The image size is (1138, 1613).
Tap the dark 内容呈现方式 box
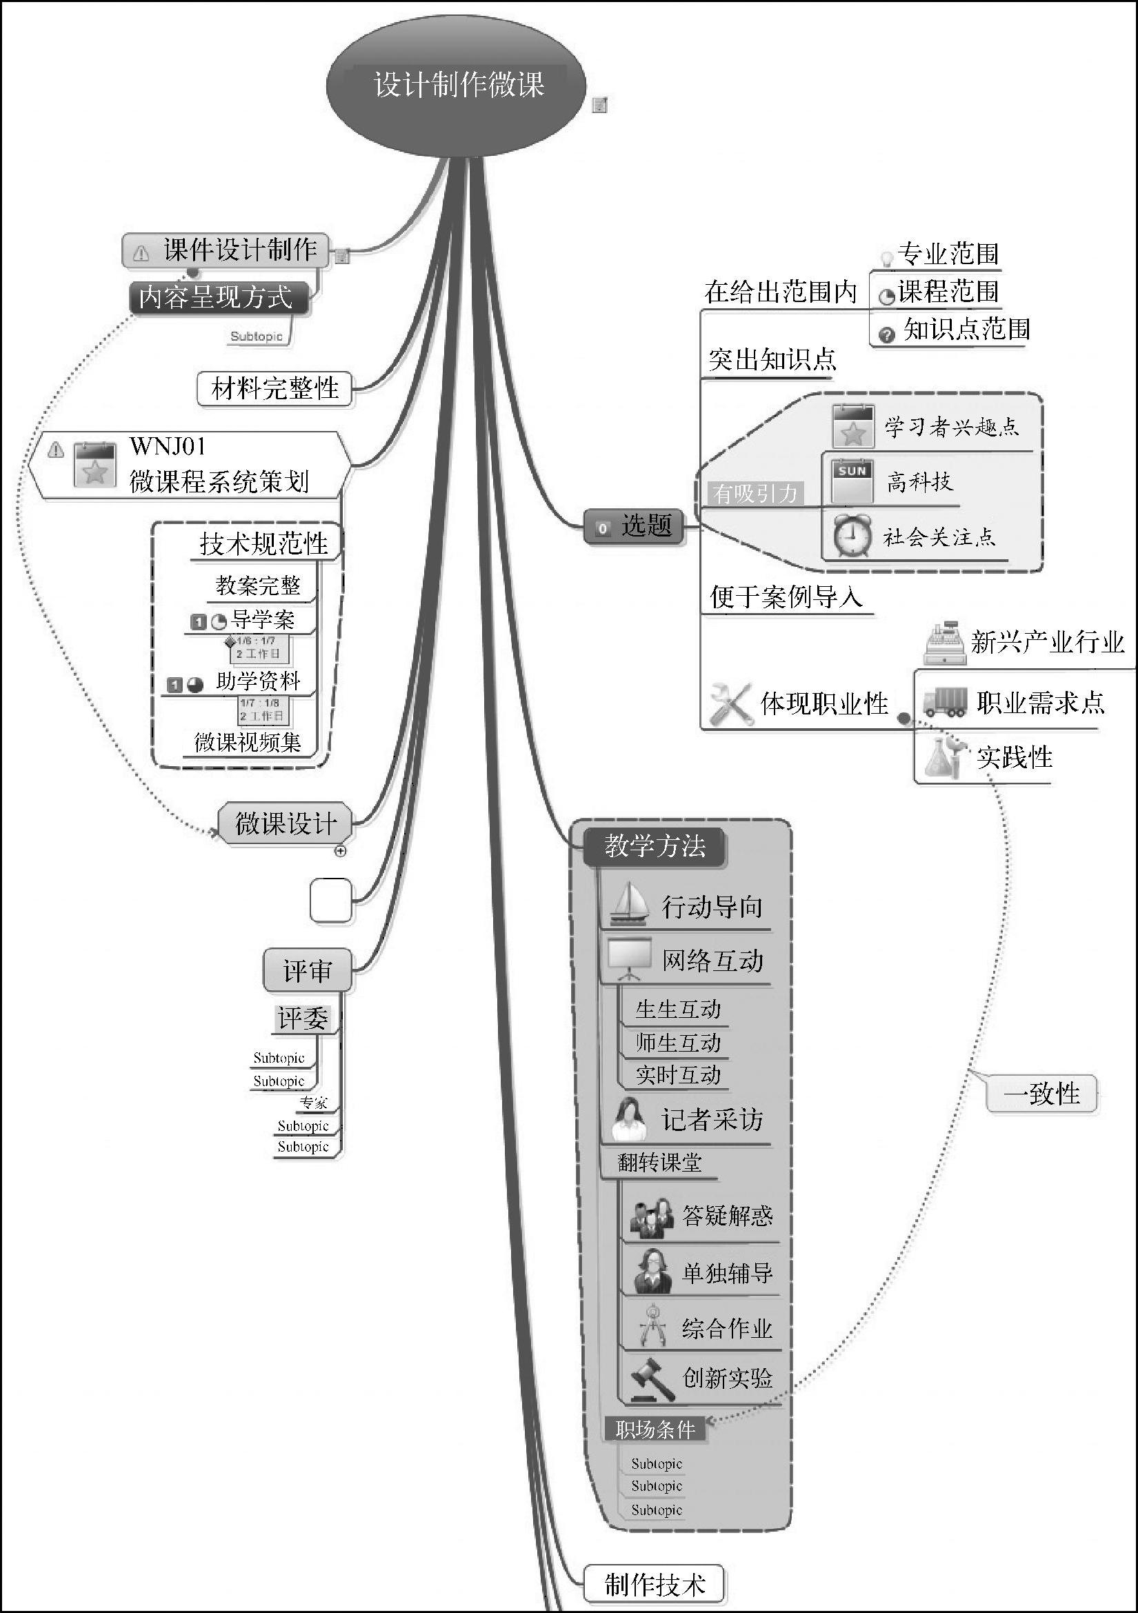[218, 298]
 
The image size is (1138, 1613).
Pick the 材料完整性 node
[274, 388]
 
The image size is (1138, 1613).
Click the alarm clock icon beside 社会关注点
[852, 537]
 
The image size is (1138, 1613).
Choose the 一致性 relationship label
[1040, 1094]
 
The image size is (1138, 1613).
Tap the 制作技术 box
[654, 1584]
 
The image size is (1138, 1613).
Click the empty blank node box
[331, 900]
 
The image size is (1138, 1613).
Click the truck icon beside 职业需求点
[944, 702]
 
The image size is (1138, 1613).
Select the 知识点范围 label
[966, 329]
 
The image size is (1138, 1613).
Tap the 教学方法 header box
[655, 846]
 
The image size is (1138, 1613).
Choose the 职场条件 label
[655, 1429]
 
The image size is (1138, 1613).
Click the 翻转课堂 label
[659, 1163]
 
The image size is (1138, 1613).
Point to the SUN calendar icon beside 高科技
[852, 481]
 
